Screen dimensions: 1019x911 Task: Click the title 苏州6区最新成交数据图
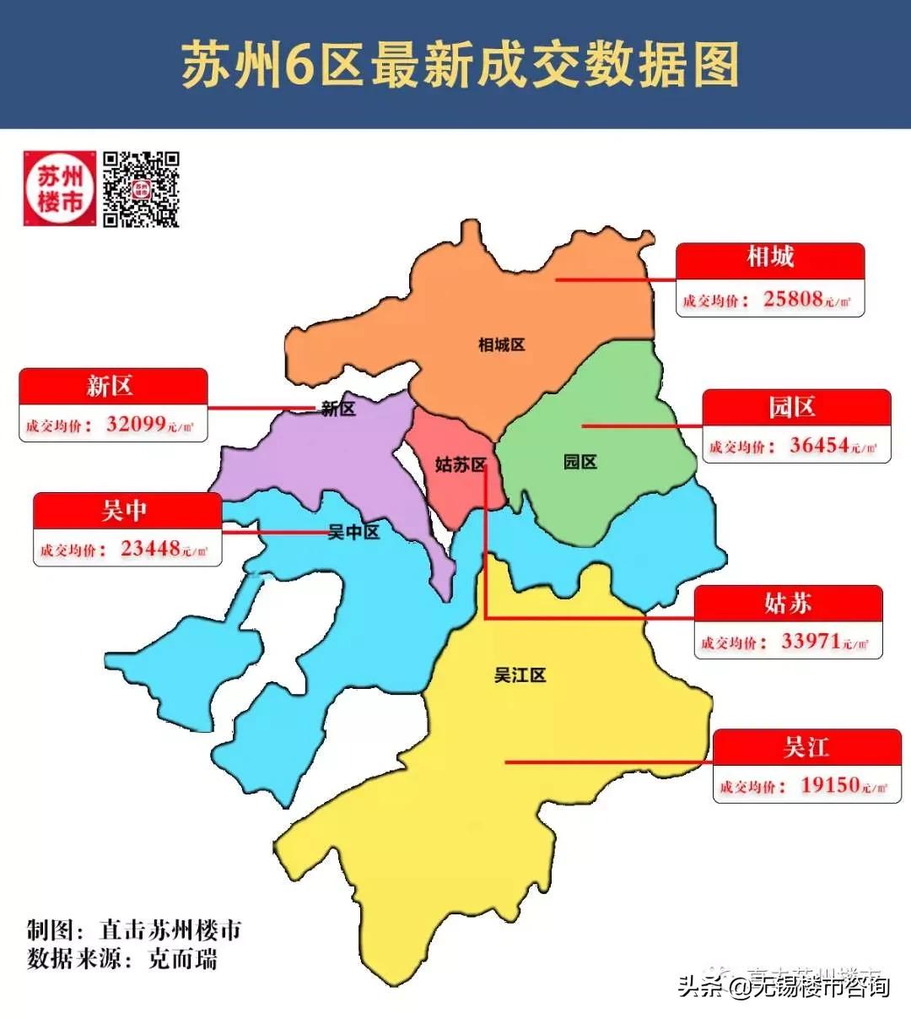tap(460, 64)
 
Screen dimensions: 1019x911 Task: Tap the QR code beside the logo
tap(141, 189)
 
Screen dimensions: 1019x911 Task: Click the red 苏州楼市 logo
tap(60, 189)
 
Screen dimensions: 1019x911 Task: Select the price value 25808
tap(793, 299)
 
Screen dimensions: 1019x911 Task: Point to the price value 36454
tap(819, 445)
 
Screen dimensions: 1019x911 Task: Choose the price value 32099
tap(136, 424)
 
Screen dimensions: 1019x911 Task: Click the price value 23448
tap(150, 549)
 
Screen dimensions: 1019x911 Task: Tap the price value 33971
tap(811, 641)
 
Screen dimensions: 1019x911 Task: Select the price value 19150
tap(830, 785)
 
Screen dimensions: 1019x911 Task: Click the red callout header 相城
tap(770, 257)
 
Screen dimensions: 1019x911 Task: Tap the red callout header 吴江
tap(806, 747)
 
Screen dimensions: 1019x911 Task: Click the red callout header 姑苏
tap(788, 603)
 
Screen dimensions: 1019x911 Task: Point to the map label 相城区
tap(502, 344)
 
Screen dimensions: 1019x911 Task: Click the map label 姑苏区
tap(461, 464)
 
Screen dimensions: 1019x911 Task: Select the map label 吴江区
tap(520, 675)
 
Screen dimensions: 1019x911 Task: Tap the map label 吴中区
tap(353, 532)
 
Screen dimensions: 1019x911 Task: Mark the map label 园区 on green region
tap(579, 461)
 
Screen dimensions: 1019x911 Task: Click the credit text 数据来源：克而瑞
tap(122, 960)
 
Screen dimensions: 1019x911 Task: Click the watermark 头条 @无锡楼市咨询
tap(784, 986)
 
